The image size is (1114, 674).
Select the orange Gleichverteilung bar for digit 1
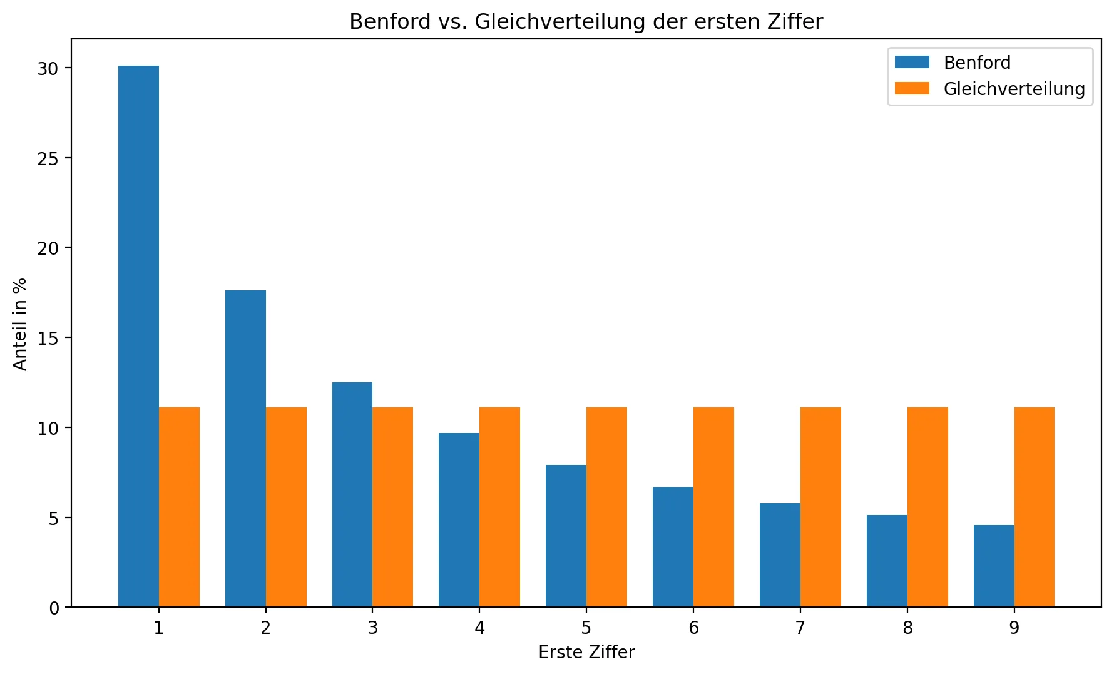179,507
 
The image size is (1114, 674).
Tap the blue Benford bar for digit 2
245,448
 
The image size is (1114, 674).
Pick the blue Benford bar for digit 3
352,494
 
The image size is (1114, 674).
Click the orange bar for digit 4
499,507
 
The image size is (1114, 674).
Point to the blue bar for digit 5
566,536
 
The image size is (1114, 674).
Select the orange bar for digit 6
713,507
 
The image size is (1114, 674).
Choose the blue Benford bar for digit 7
780,554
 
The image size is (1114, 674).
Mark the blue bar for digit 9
994,566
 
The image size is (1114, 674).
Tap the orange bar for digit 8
927,507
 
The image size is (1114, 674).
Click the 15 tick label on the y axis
48,339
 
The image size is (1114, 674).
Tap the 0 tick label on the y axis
54,608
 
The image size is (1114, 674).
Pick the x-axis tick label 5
586,628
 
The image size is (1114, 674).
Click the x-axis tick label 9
1014,628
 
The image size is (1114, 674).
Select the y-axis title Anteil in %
20,324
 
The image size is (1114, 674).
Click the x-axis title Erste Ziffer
586,652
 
